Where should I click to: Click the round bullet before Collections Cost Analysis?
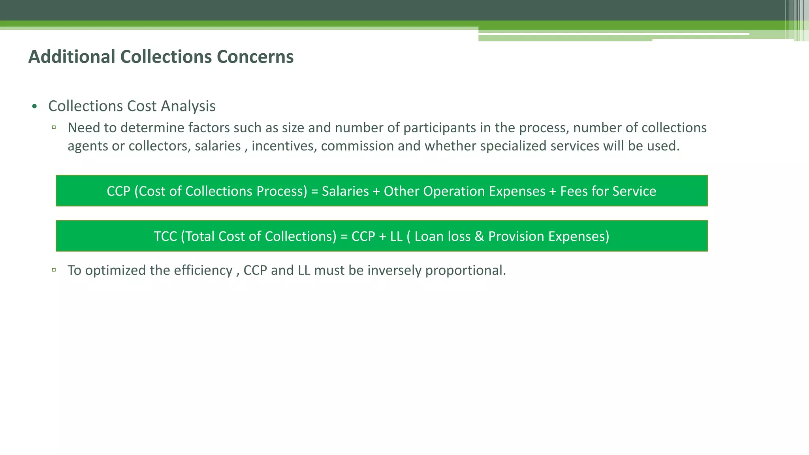pos(35,107)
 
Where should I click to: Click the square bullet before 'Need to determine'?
pos(54,128)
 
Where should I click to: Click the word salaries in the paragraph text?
pos(218,146)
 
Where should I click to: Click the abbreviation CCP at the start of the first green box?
pos(119,191)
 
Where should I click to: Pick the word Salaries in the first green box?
pos(345,191)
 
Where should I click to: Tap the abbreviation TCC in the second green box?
pos(165,236)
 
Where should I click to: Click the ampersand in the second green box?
pos(479,236)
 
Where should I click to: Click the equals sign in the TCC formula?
pos(344,236)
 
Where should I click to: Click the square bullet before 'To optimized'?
pos(54,270)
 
